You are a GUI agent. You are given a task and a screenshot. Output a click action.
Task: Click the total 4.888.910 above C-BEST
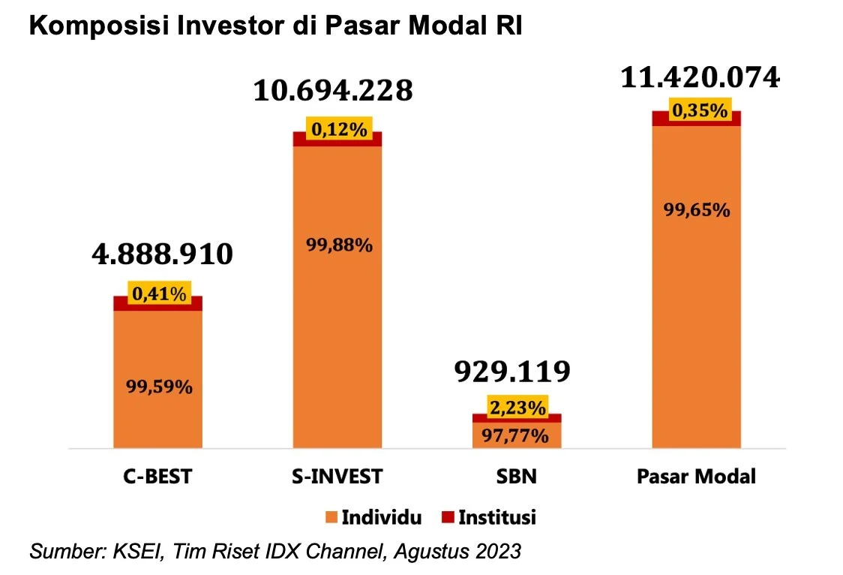pyautogui.click(x=162, y=255)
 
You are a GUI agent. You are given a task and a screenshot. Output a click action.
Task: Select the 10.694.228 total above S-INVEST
pyautogui.click(x=333, y=91)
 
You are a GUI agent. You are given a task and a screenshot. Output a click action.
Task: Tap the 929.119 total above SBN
pyautogui.click(x=516, y=371)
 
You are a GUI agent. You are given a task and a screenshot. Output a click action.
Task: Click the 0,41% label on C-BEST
pyautogui.click(x=158, y=294)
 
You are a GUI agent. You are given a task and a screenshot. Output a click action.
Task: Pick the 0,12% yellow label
pyautogui.click(x=337, y=130)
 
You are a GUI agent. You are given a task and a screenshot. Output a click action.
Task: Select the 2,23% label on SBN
pyautogui.click(x=517, y=408)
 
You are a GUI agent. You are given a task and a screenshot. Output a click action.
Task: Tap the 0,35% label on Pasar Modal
pyautogui.click(x=697, y=111)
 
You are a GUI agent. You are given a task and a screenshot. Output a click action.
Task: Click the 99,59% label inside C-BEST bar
pyautogui.click(x=158, y=387)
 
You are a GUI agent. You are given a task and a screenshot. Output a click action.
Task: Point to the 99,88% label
pyautogui.click(x=338, y=245)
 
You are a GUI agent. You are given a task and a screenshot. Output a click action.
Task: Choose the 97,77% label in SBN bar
pyautogui.click(x=517, y=435)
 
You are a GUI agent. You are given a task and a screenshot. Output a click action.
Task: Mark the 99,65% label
pyautogui.click(x=697, y=210)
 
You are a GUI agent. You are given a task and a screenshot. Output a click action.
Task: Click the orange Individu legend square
pyautogui.click(x=331, y=517)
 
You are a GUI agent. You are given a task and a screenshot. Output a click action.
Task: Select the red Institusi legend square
pyautogui.click(x=448, y=517)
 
